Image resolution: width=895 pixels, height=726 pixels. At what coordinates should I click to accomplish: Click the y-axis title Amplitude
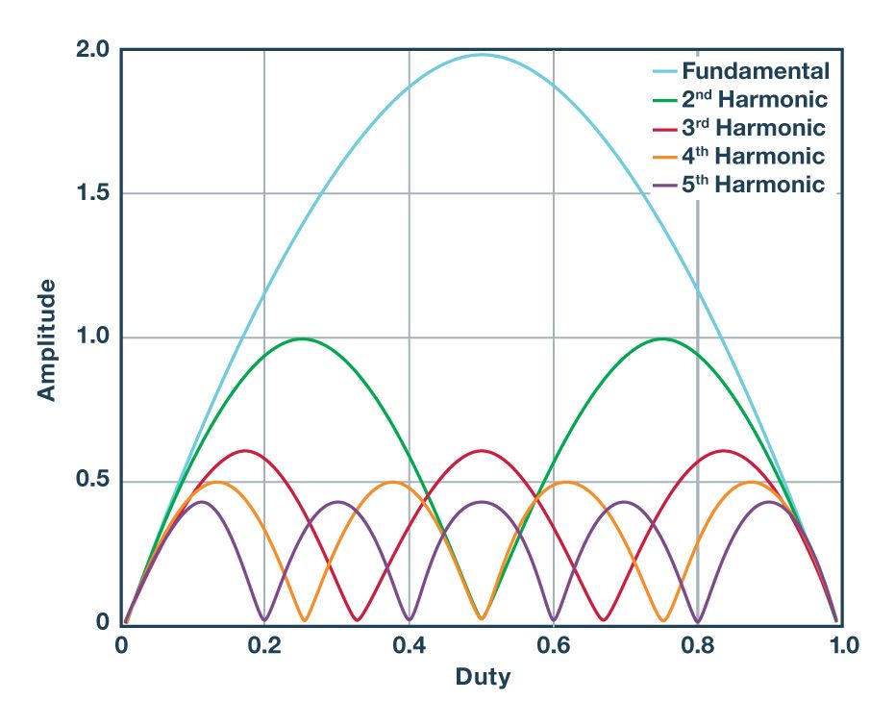[45, 339]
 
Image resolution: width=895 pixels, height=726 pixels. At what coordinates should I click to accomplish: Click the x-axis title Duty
[483, 676]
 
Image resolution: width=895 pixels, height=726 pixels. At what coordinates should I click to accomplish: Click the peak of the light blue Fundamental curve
[482, 55]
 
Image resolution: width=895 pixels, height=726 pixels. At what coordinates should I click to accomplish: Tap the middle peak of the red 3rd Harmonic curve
[482, 450]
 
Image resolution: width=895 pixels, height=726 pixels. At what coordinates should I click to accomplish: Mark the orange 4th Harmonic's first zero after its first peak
[305, 620]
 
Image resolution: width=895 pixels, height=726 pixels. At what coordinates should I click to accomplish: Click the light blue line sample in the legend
[663, 71]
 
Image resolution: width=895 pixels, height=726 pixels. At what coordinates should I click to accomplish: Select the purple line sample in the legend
[663, 185]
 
